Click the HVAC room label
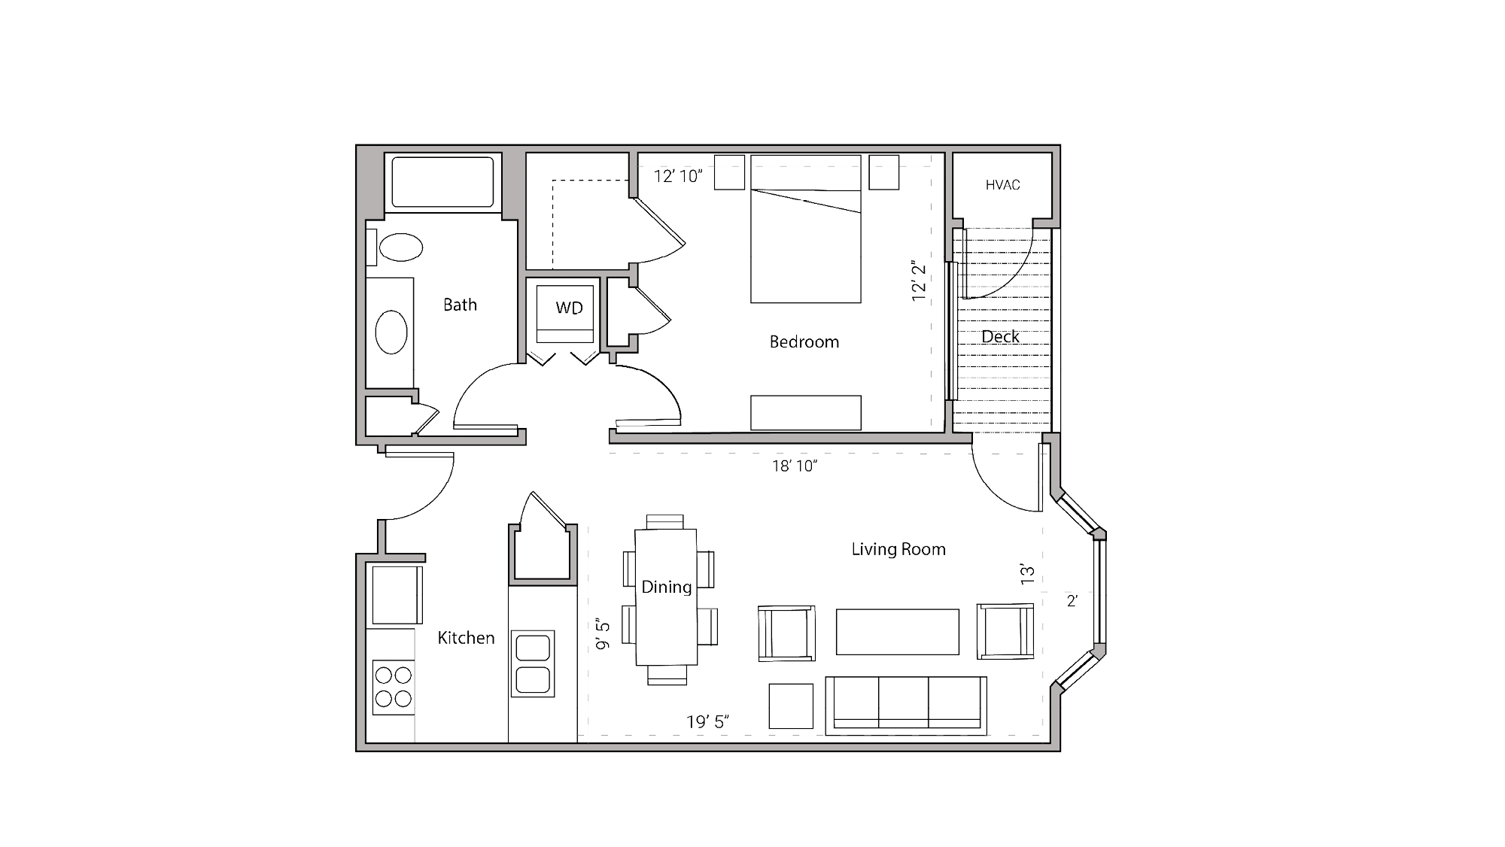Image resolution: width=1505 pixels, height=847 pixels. (x=1002, y=185)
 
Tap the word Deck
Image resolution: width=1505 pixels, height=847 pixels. (x=1000, y=337)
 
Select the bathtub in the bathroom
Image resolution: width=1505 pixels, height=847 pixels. (x=442, y=181)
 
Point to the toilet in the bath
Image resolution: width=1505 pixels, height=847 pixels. (x=400, y=247)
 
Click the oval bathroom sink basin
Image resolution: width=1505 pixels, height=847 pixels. (x=391, y=332)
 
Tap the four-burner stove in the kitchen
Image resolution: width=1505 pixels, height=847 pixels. (x=394, y=687)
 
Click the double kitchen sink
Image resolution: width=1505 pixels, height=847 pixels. (x=533, y=663)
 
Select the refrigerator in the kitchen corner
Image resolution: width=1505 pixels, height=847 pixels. (x=396, y=594)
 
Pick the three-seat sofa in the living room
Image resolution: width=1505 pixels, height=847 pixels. (x=905, y=705)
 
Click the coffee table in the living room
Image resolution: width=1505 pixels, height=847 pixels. (x=897, y=632)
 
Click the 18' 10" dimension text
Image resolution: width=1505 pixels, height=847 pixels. (x=794, y=466)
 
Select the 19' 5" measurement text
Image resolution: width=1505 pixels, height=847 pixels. (x=707, y=722)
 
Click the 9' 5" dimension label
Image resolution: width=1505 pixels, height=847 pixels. (x=604, y=634)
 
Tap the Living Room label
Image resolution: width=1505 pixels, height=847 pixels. (x=898, y=550)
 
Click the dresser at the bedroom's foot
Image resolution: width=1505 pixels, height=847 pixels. (x=805, y=413)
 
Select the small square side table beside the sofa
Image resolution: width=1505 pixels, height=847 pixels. (x=791, y=706)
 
